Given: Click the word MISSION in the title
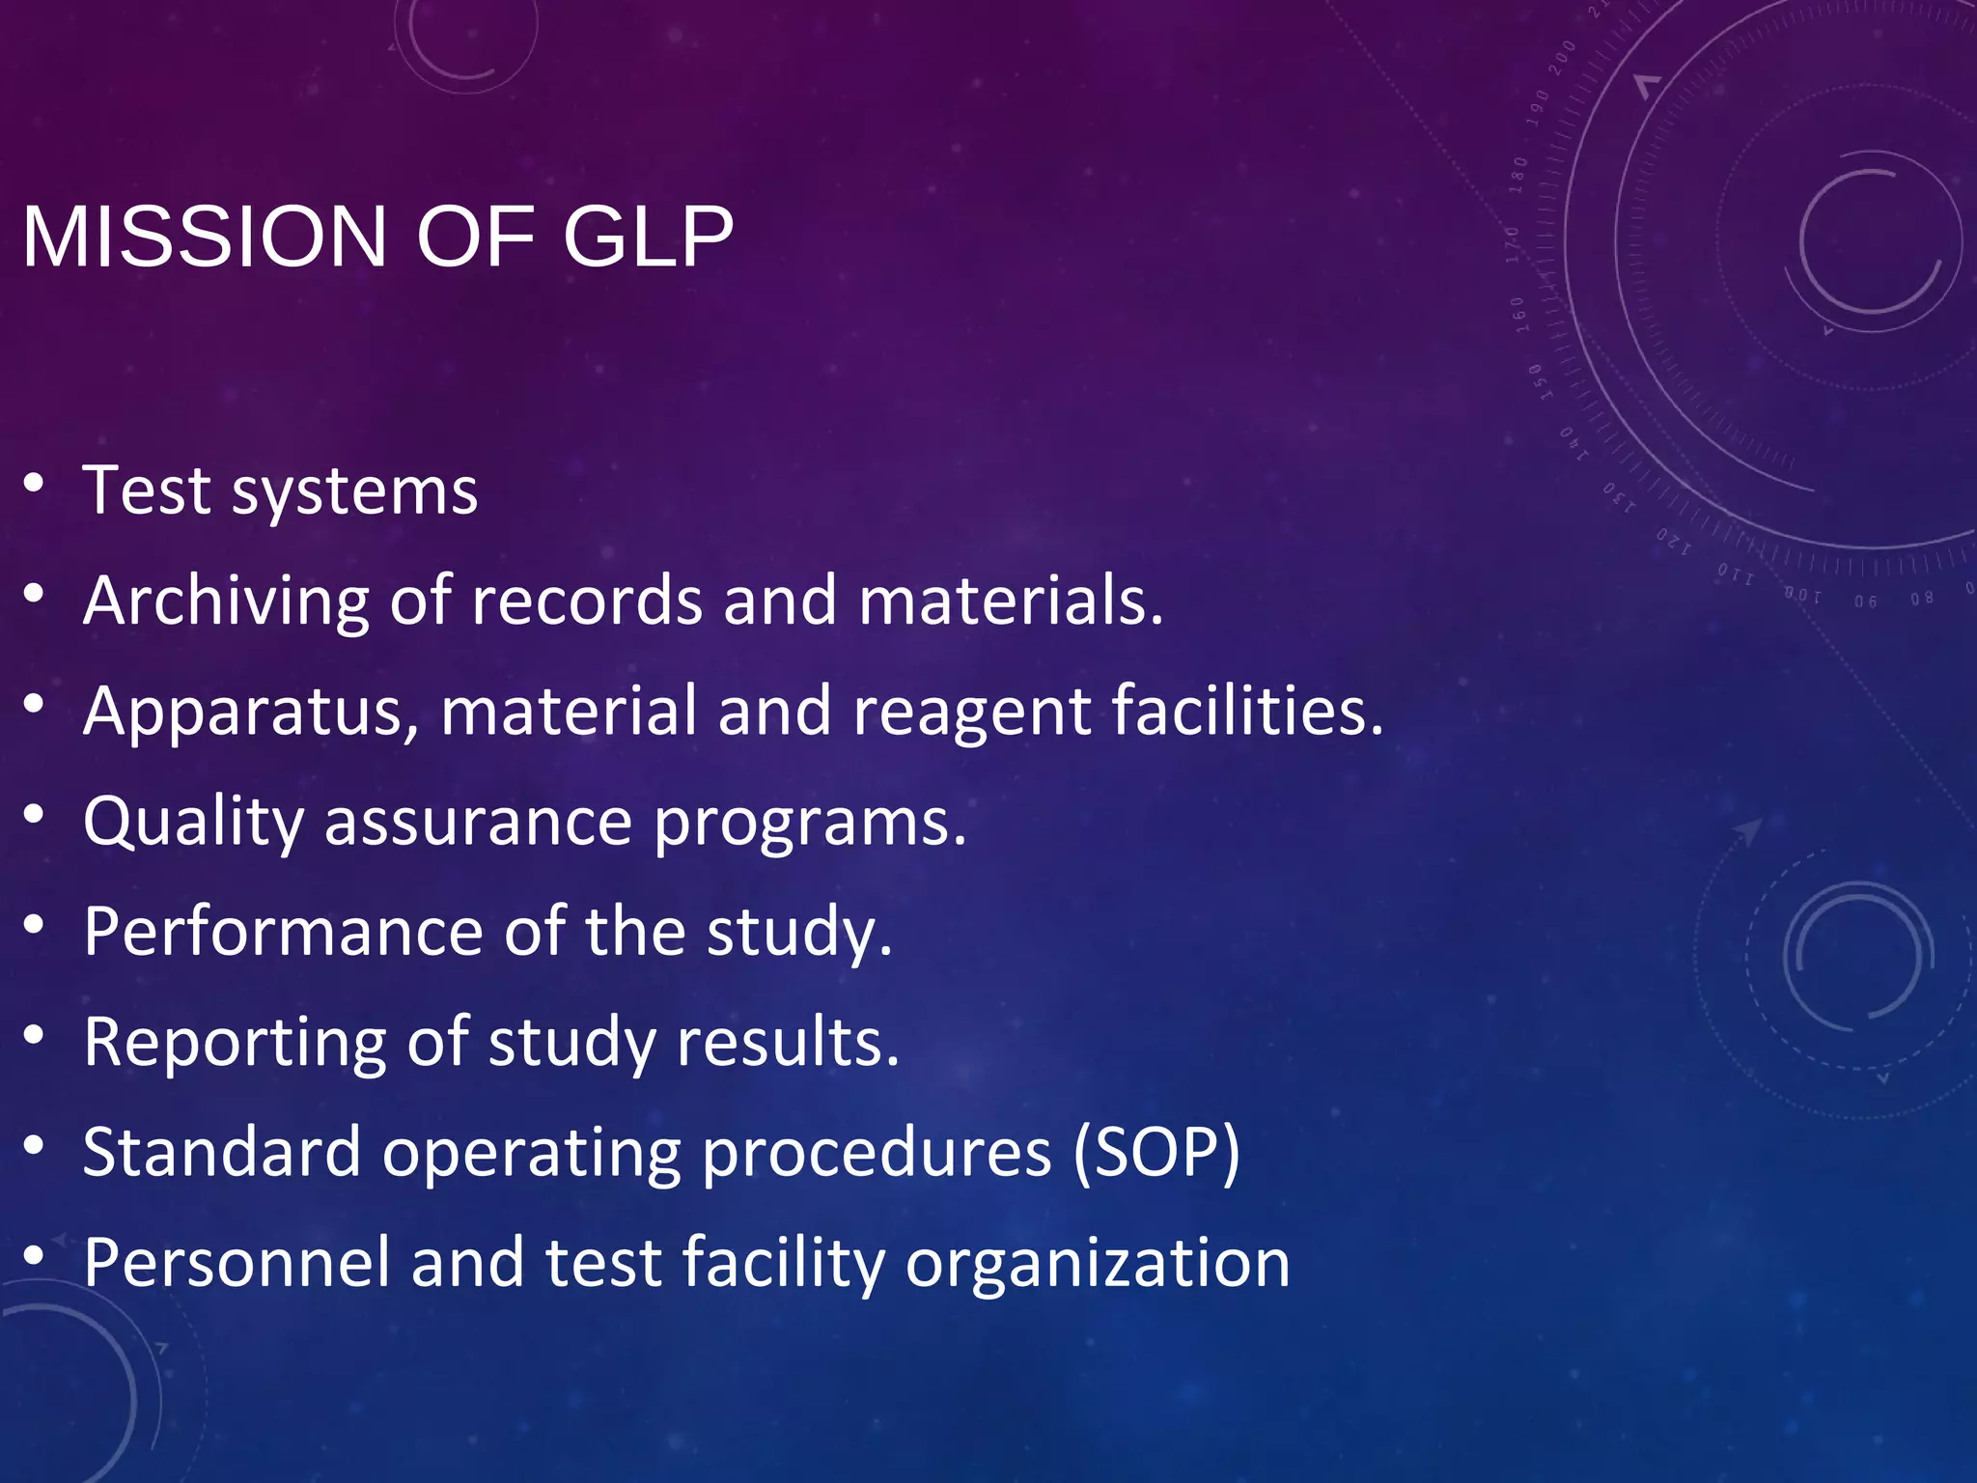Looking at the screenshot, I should pos(204,238).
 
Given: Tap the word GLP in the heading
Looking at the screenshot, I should pos(648,238).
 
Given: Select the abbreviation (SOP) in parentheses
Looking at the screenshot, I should pos(1156,1153).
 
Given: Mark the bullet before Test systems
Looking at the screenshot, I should pos(35,483).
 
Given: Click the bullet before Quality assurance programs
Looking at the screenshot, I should pos(35,814).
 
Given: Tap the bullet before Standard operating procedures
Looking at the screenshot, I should pos(35,1145).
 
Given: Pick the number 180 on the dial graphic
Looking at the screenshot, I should pos(1518,175).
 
